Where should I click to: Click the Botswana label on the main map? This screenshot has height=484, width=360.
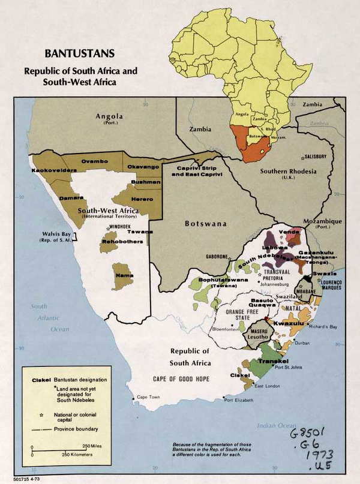[205, 224]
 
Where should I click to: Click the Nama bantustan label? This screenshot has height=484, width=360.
[124, 276]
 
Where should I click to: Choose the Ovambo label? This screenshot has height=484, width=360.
[94, 161]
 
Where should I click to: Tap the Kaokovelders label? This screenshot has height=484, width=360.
[52, 171]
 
